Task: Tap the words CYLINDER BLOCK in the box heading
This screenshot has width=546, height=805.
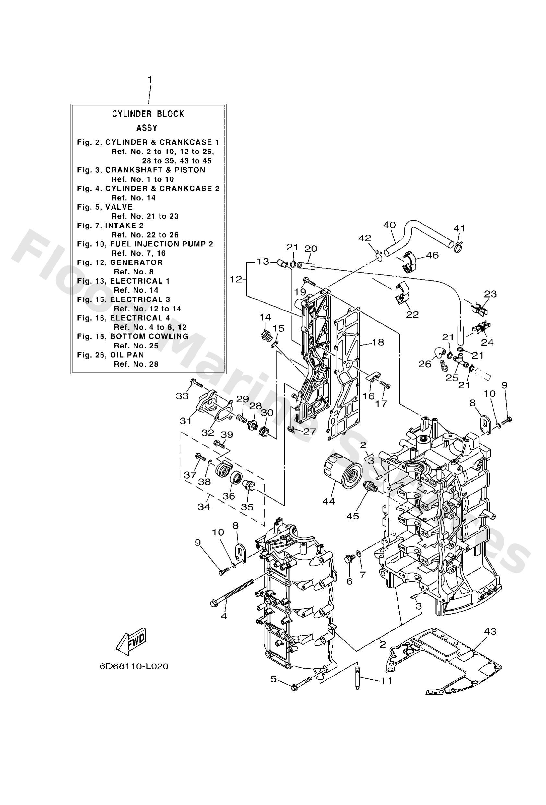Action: (x=148, y=114)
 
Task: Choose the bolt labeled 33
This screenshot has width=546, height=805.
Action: (x=196, y=383)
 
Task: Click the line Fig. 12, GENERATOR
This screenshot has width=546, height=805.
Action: (x=120, y=262)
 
